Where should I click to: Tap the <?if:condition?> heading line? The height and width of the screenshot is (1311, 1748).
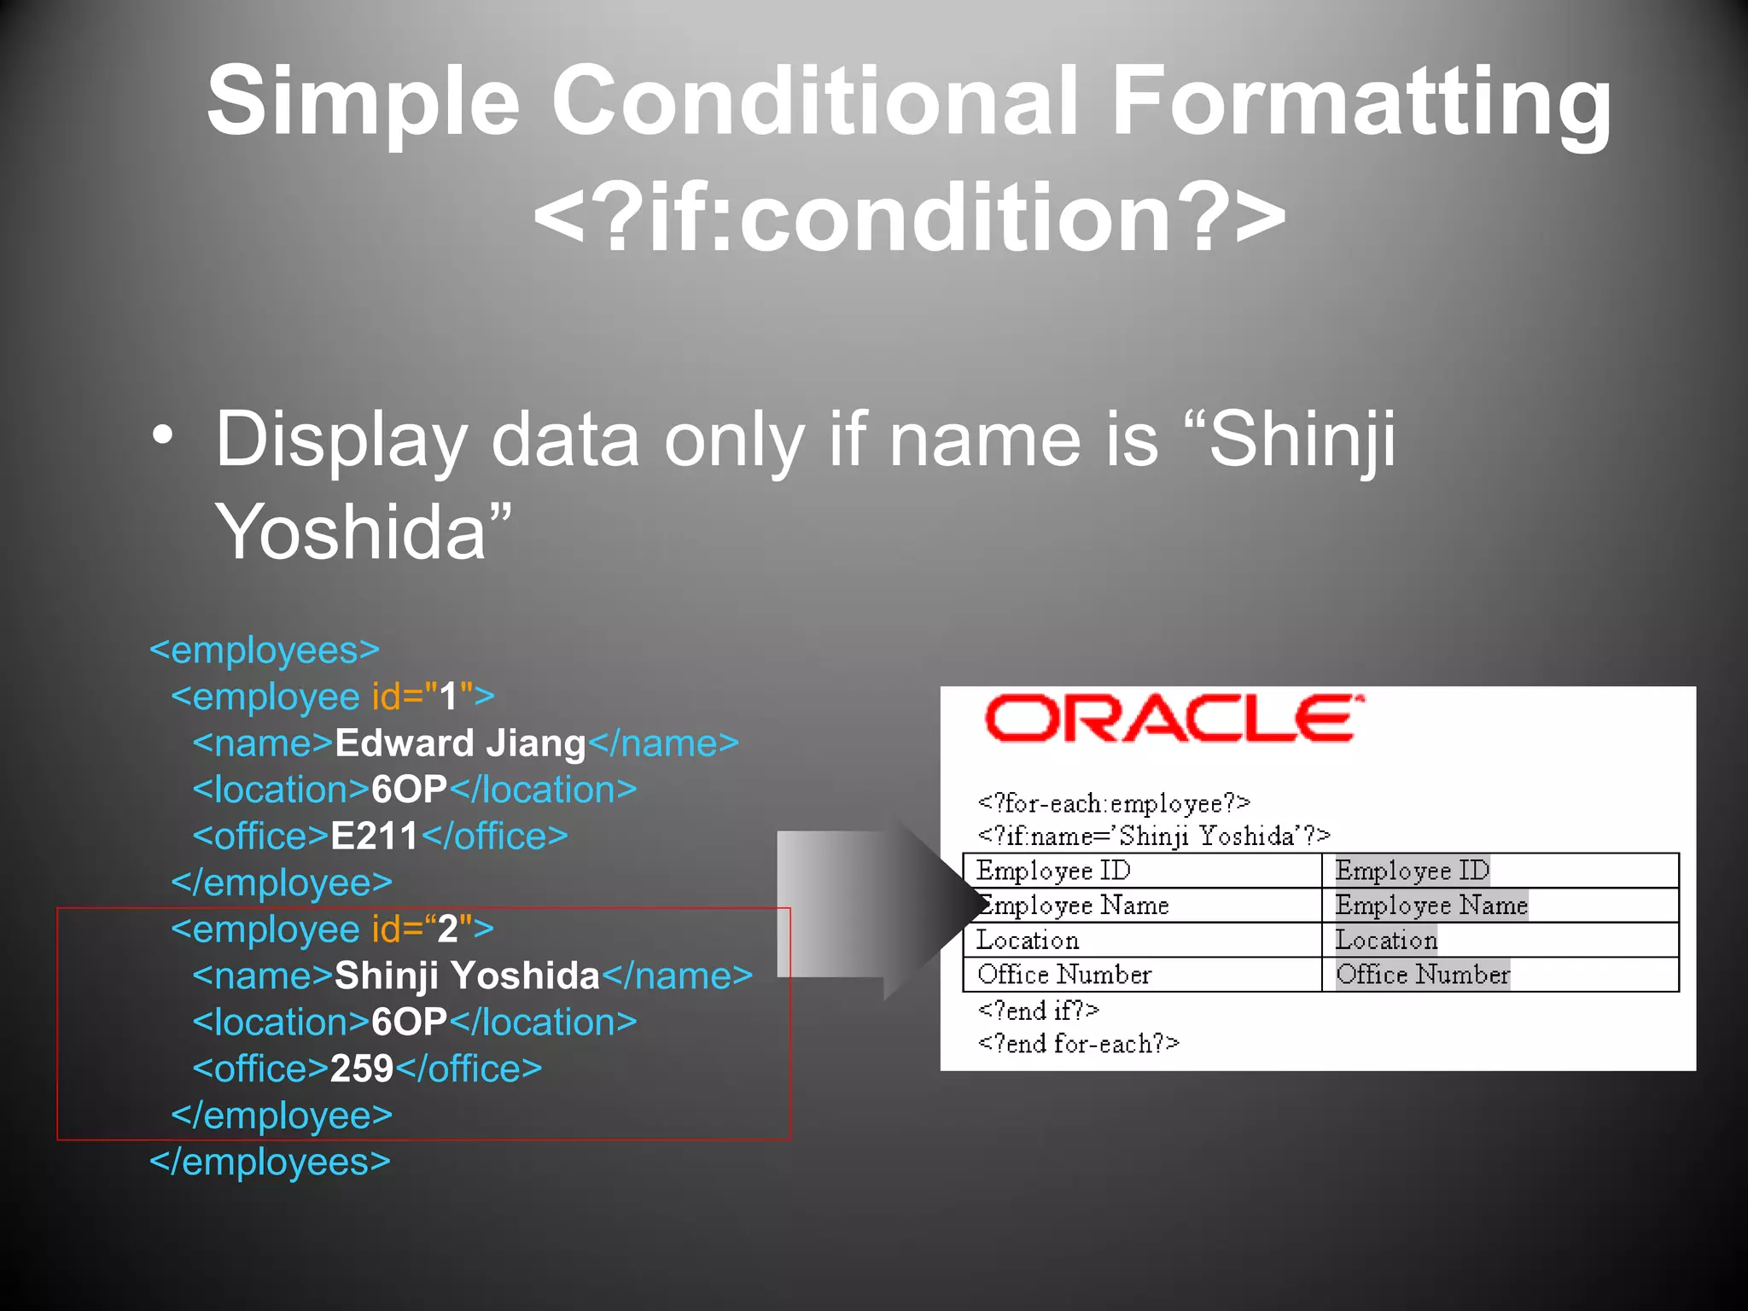[909, 218]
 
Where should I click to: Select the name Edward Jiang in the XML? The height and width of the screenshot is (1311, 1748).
[460, 743]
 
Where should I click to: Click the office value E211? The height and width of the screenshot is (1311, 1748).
[374, 836]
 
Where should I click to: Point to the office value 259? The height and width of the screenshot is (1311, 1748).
[362, 1069]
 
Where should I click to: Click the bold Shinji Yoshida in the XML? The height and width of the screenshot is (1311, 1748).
[467, 976]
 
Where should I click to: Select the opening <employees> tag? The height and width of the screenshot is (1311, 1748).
[265, 650]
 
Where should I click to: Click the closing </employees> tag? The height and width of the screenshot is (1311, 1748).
[270, 1162]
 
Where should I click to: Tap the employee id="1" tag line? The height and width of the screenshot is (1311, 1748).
[333, 697]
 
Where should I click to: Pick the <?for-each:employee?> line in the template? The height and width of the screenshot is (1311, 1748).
[1114, 803]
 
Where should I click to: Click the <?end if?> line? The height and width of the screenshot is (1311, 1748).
[1038, 1011]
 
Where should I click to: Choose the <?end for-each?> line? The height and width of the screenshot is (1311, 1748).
[1078, 1044]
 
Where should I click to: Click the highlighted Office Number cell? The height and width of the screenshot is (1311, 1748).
[1422, 975]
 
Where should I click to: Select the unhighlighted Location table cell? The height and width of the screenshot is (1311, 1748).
[1028, 941]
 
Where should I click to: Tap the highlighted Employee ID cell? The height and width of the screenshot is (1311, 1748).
[1412, 871]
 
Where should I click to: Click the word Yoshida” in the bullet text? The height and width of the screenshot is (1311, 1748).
[363, 531]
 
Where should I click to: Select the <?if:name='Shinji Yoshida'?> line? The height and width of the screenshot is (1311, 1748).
[1153, 836]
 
